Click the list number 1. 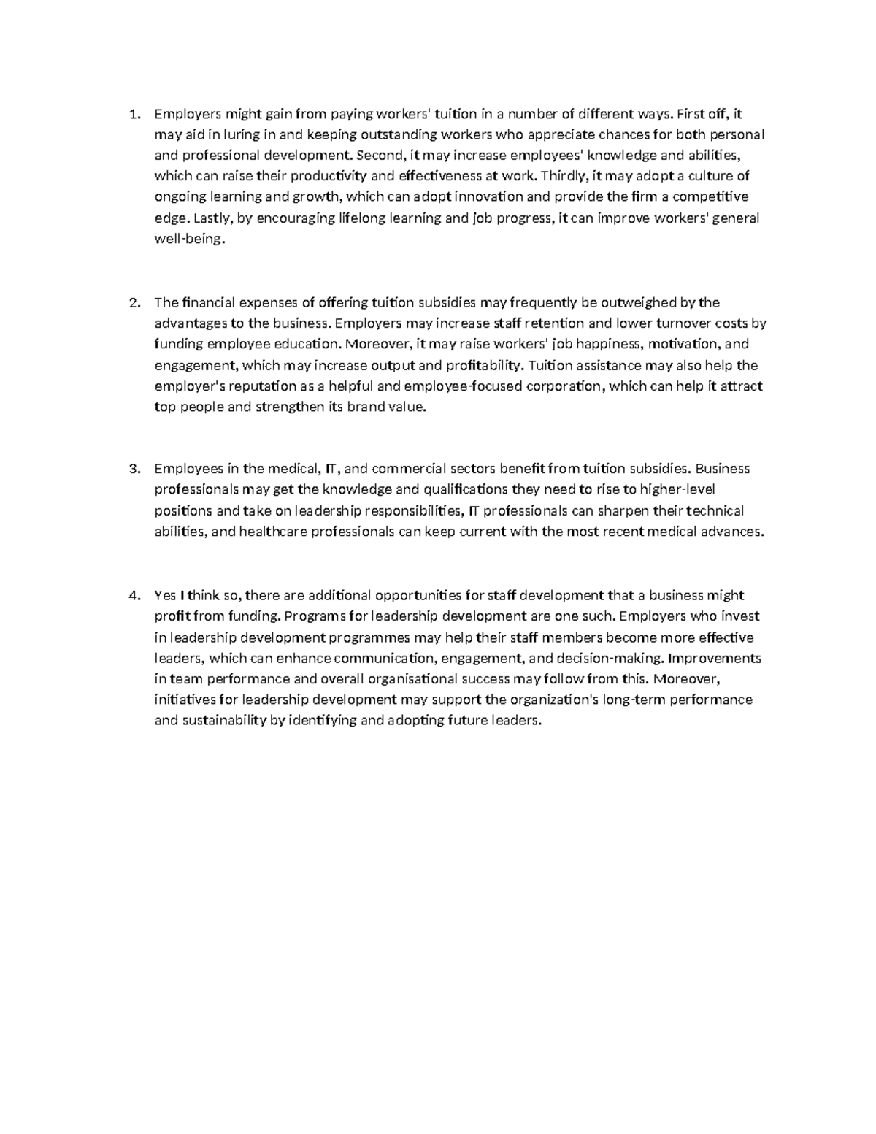coord(133,114)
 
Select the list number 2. coord(133,303)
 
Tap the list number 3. coord(133,469)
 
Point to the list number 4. coord(133,596)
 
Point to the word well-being coord(185,239)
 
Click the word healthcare coord(272,532)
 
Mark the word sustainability coord(229,721)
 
